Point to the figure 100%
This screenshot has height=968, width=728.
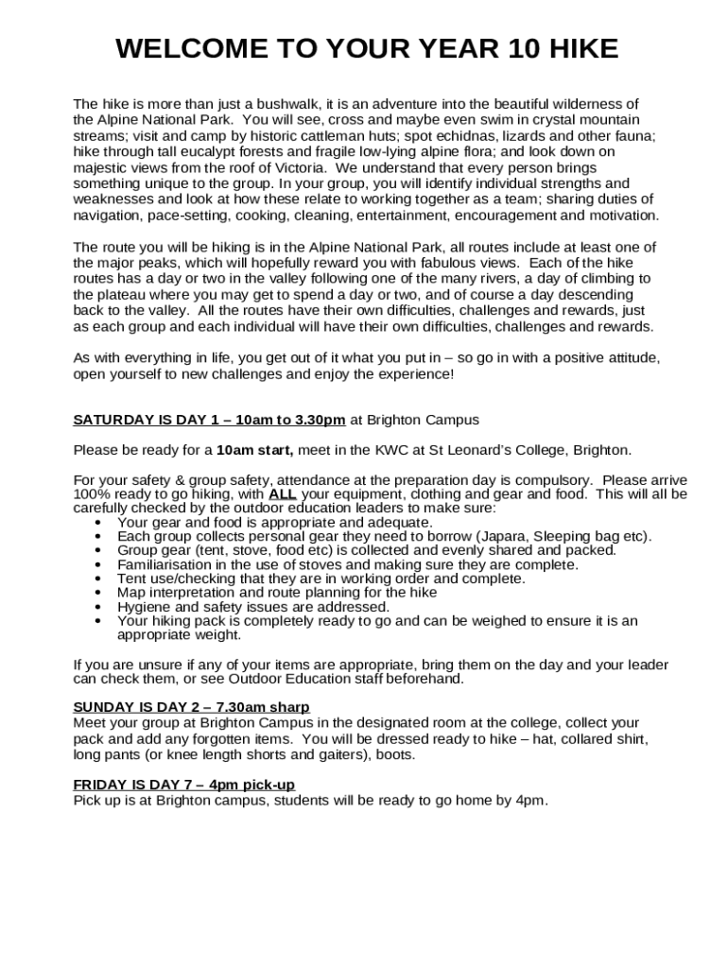click(x=91, y=493)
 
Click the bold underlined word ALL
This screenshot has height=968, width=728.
click(x=283, y=493)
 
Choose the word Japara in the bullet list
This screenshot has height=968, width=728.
click(x=508, y=536)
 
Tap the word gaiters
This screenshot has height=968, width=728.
click(x=340, y=754)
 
